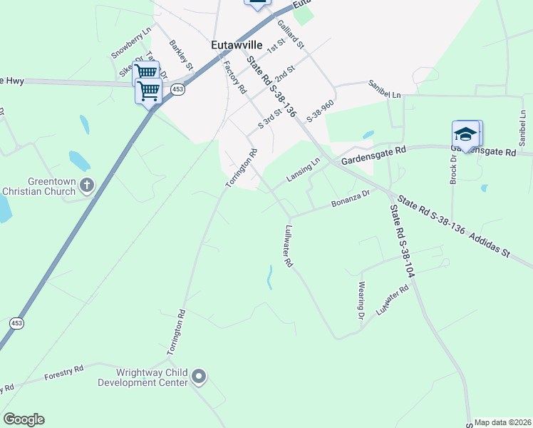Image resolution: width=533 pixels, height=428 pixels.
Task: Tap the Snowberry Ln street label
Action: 132,44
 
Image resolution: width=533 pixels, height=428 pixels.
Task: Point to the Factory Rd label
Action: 234,78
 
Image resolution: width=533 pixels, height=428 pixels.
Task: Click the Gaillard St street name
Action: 291,34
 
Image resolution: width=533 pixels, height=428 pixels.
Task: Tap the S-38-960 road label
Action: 320,108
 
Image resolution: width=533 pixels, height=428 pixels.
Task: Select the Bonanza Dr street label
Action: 350,202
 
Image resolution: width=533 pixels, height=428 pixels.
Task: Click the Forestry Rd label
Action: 64,372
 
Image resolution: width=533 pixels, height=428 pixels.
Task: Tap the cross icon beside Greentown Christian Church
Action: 86,185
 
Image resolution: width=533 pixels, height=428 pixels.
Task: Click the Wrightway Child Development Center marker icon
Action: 199,376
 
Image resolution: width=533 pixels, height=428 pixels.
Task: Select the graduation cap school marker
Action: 465,135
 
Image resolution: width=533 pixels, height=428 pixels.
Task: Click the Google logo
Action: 24,419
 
